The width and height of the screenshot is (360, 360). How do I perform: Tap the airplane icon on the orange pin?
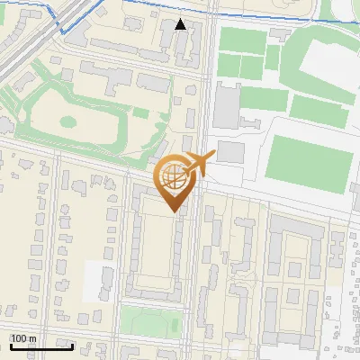pos(197,164)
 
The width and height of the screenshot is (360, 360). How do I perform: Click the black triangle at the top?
pos(181,24)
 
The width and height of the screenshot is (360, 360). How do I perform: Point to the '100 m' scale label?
pos(23,337)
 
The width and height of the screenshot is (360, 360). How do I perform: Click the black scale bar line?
pos(40,346)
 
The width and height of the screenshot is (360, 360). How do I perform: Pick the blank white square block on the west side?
pos(98,281)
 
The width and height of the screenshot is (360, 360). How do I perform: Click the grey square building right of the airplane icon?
pos(230,151)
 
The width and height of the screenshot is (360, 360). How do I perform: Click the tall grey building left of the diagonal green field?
pos(226,103)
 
